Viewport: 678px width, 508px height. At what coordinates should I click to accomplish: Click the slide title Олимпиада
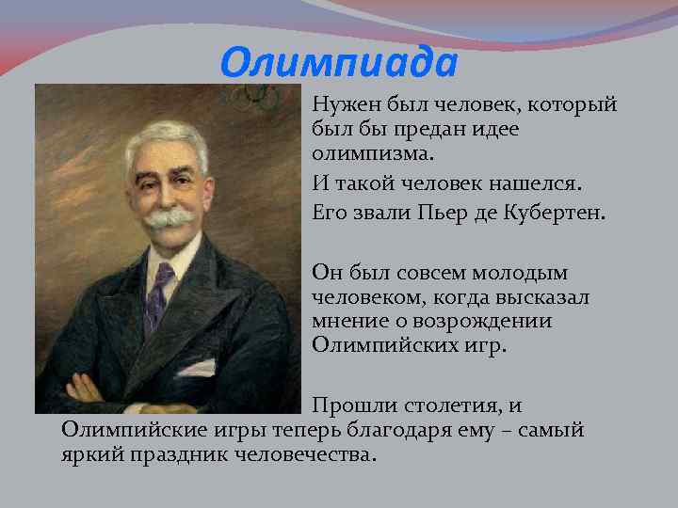[x=338, y=64]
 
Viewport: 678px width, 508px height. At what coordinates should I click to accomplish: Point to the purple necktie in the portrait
[x=159, y=297]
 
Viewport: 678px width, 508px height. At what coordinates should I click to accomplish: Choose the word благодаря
[x=422, y=430]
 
